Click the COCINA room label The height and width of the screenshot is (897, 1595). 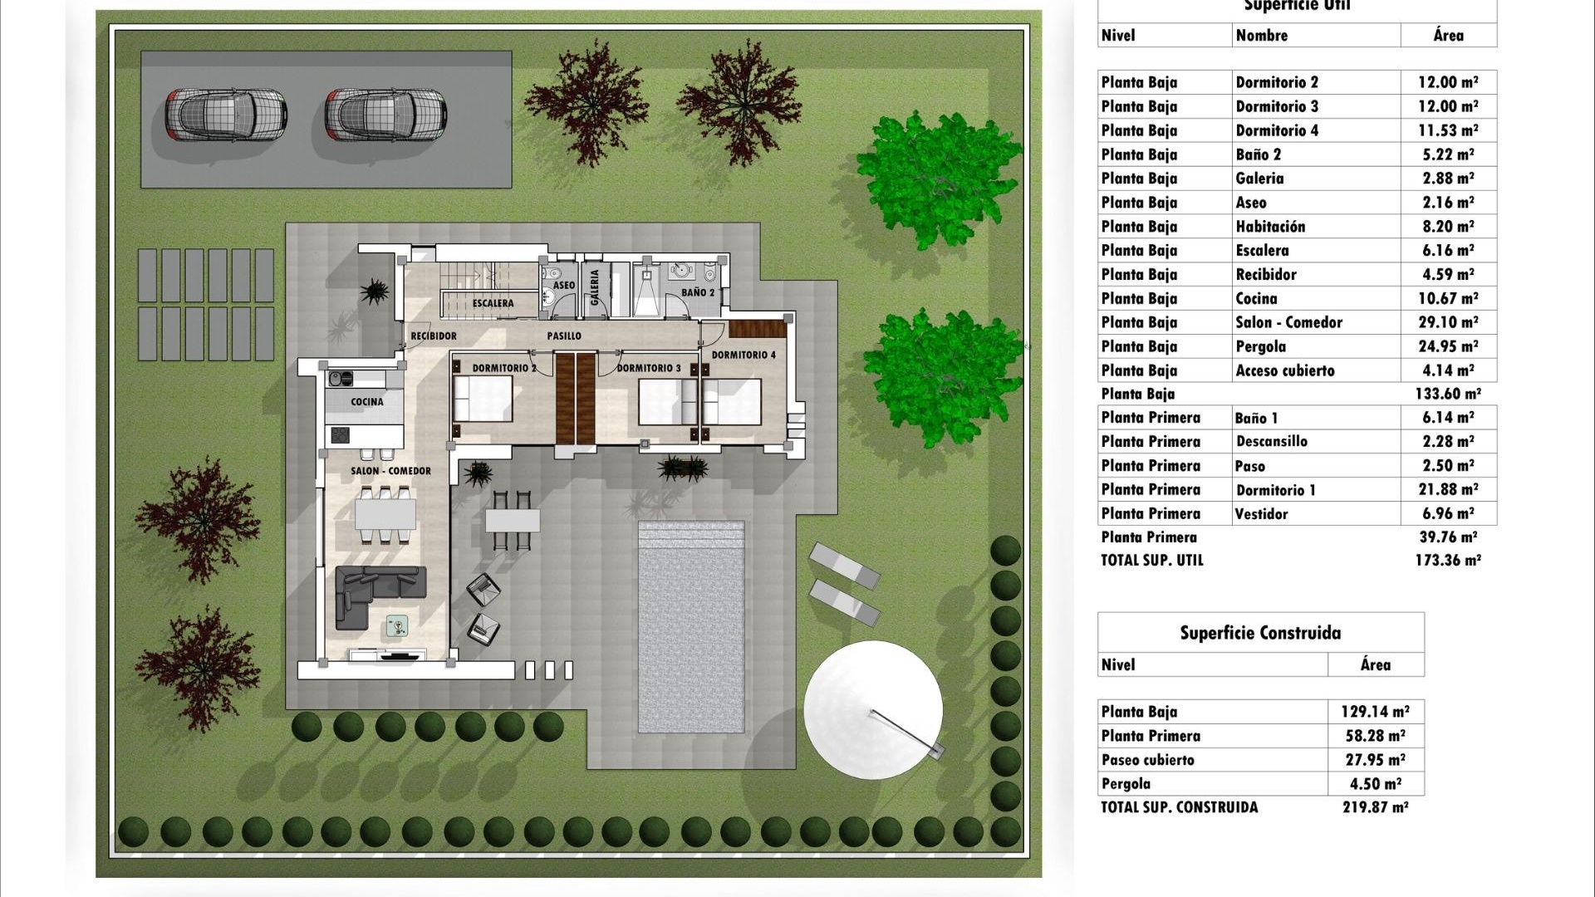[366, 402]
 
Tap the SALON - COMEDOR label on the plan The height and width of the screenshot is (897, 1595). [390, 471]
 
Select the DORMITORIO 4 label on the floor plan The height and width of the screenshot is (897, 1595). [744, 355]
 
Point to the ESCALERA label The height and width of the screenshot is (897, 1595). [493, 303]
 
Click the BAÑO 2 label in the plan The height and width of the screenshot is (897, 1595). [697, 292]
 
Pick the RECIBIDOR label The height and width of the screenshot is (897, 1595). [434, 336]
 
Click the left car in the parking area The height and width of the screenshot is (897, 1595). [225, 115]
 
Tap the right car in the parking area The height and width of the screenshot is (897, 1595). [385, 115]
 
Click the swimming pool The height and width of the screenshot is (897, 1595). [690, 627]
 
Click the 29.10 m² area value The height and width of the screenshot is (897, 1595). [1448, 322]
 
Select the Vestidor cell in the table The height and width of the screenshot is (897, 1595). [1261, 514]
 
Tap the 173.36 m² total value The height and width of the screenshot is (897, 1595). [1447, 561]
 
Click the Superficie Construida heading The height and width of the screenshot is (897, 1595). [1259, 633]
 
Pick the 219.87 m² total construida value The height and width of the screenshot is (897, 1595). [1375, 807]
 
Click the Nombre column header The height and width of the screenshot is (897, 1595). [1261, 36]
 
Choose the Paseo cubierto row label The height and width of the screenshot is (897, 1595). [1147, 760]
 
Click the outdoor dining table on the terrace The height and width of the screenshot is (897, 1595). [513, 521]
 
